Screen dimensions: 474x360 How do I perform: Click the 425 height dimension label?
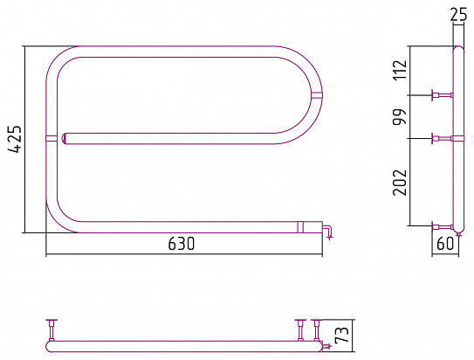pos(15,139)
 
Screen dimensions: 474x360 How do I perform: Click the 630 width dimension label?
pos(182,244)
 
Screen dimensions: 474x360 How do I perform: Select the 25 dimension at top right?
pos(458,15)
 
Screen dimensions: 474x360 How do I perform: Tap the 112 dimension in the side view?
pos(400,70)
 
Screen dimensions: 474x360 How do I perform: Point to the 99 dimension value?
pos(400,117)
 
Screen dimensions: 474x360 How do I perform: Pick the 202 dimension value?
pos(400,182)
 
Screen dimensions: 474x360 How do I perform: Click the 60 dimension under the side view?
pos(445,244)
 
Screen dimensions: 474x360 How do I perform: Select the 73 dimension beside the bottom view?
pos(342,335)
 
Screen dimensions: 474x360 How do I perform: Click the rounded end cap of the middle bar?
pos(65,139)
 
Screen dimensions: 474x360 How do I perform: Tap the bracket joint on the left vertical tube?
pos(52,139)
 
